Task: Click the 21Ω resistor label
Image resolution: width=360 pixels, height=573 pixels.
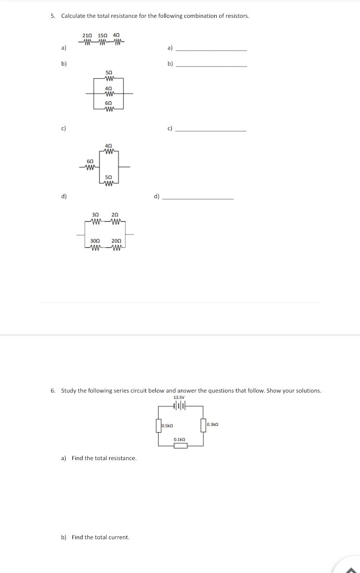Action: pyautogui.click(x=87, y=36)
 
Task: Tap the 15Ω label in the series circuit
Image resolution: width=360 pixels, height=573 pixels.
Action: pyautogui.click(x=102, y=36)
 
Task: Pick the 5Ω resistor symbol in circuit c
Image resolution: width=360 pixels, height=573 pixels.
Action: pyautogui.click(x=109, y=184)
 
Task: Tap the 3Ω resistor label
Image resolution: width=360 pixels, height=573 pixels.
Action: pyautogui.click(x=96, y=215)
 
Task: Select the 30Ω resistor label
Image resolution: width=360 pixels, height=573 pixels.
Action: pyautogui.click(x=96, y=241)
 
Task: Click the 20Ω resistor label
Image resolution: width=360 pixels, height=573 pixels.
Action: pyautogui.click(x=116, y=241)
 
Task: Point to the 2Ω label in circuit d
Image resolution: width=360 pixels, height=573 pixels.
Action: pyautogui.click(x=115, y=215)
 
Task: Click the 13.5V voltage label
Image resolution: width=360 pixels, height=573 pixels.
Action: pyautogui.click(x=179, y=397)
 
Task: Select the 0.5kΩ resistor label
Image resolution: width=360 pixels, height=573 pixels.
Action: pyautogui.click(x=168, y=426)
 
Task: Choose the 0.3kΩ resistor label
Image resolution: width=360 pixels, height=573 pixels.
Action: pyautogui.click(x=213, y=424)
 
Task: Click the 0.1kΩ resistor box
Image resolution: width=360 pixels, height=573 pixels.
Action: pyautogui.click(x=180, y=445)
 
